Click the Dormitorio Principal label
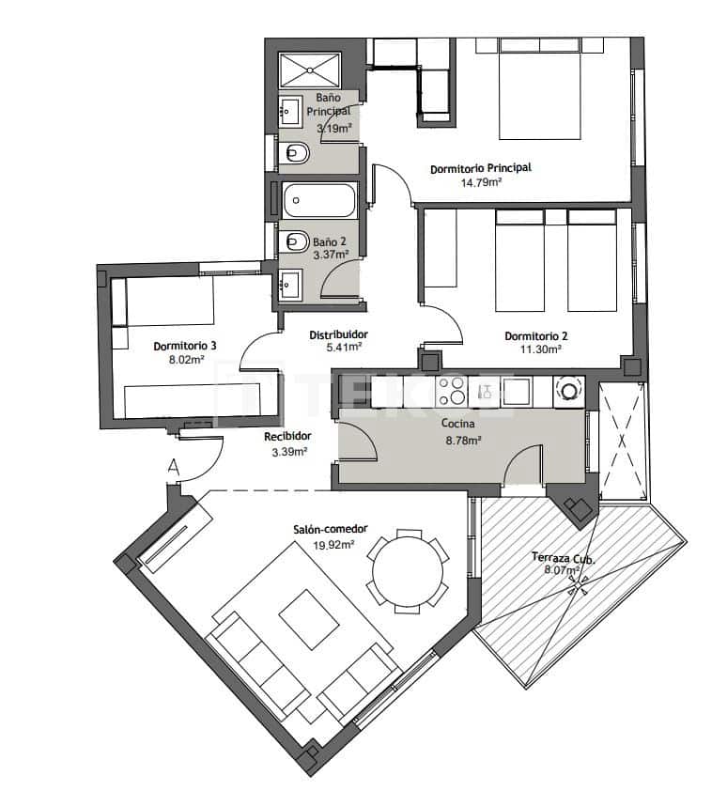[480, 168]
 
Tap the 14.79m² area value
[480, 182]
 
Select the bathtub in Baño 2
[319, 200]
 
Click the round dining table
[408, 570]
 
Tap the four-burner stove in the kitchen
[451, 391]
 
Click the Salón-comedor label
[327, 530]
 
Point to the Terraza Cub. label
[565, 556]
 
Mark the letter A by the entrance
[173, 464]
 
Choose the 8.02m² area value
[185, 359]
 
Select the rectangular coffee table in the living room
[309, 619]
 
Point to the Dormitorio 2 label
[536, 335]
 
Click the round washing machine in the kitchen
[568, 391]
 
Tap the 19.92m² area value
[333, 544]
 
